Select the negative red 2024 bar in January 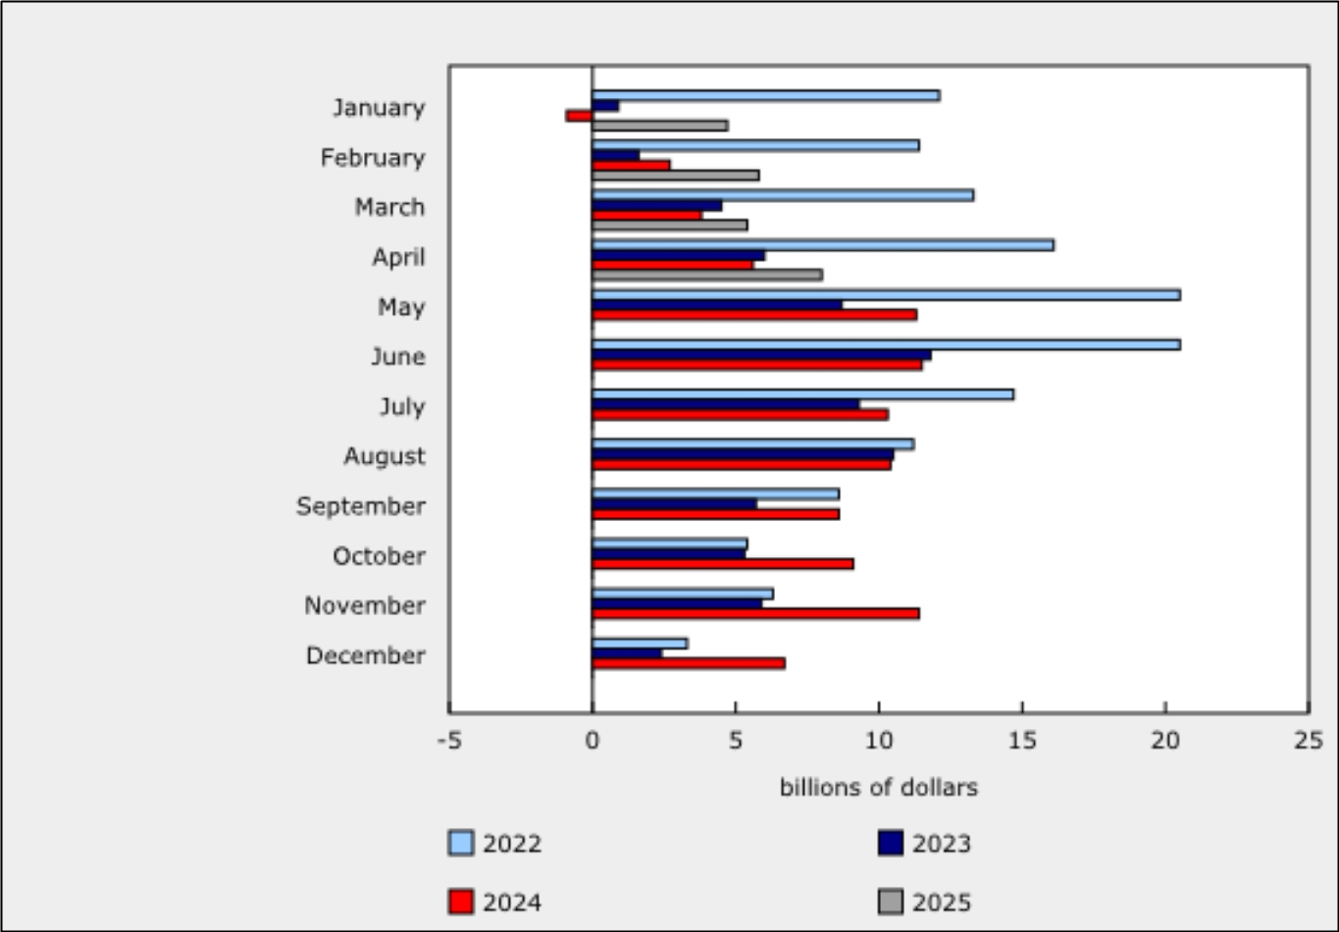tap(579, 116)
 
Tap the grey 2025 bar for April tap(707, 275)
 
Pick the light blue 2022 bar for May tap(886, 294)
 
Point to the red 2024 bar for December tap(689, 663)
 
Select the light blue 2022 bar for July tap(802, 394)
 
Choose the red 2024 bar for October tap(723, 563)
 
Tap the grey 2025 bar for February tap(676, 176)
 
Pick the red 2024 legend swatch tap(461, 902)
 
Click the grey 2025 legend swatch tap(891, 902)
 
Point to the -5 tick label tap(448, 740)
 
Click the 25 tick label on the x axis tap(1308, 740)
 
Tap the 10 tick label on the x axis tap(878, 740)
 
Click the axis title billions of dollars tap(878, 788)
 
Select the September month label tap(361, 506)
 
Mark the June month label tap(397, 356)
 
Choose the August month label tap(385, 456)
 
